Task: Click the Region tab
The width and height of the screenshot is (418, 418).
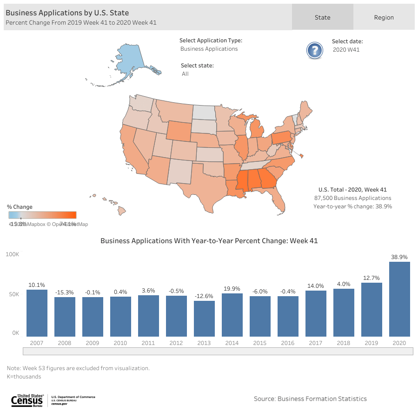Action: coord(384,18)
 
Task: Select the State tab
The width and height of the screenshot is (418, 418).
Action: coord(322,18)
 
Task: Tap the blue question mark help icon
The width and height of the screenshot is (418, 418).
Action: coord(315,50)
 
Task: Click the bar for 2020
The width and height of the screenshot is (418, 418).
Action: coord(399,299)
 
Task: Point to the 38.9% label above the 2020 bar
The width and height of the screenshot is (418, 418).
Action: coord(399,257)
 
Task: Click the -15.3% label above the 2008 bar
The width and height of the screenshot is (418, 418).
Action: coord(65,292)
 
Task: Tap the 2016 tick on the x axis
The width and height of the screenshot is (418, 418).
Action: coord(288,343)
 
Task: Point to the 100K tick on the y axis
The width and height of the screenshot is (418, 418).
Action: coord(13,254)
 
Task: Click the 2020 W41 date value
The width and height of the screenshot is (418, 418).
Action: coord(346,50)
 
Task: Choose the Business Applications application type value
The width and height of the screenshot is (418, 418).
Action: coord(209,49)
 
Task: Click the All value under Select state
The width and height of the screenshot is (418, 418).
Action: coord(185,74)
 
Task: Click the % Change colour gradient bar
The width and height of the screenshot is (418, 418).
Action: coord(42,215)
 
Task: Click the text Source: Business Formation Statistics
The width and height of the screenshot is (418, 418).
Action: coord(310,399)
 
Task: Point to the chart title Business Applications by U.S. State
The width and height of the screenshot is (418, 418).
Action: coord(67,13)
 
